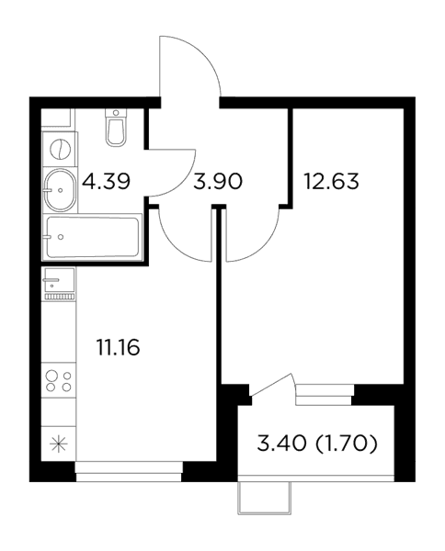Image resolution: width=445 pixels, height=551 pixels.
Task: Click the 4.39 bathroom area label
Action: pyautogui.click(x=106, y=182)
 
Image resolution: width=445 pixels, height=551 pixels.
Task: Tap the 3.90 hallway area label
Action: pyautogui.click(x=218, y=182)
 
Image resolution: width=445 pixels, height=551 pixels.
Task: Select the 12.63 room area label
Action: pyautogui.click(x=331, y=182)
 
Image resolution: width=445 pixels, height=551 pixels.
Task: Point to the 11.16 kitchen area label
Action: pyautogui.click(x=118, y=347)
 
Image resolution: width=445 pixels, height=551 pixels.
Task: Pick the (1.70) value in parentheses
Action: pyautogui.click(x=347, y=444)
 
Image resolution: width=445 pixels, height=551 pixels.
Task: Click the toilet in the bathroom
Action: pyautogui.click(x=116, y=128)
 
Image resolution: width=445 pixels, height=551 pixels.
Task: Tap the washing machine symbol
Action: pyautogui.click(x=60, y=149)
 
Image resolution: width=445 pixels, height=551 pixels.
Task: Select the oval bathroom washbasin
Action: pyautogui.click(x=60, y=190)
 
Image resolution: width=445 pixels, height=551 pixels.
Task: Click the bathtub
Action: pyautogui.click(x=92, y=237)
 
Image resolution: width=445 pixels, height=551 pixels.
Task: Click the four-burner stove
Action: pyautogui.click(x=59, y=381)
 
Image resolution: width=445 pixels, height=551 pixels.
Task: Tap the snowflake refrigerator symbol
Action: pyautogui.click(x=59, y=444)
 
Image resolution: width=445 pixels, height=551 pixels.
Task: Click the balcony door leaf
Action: pyautogui.click(x=271, y=385)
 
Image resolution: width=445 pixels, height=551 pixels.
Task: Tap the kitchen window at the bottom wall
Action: pyautogui.click(x=129, y=472)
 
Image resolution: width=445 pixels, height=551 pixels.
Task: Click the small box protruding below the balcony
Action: pyautogui.click(x=265, y=499)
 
